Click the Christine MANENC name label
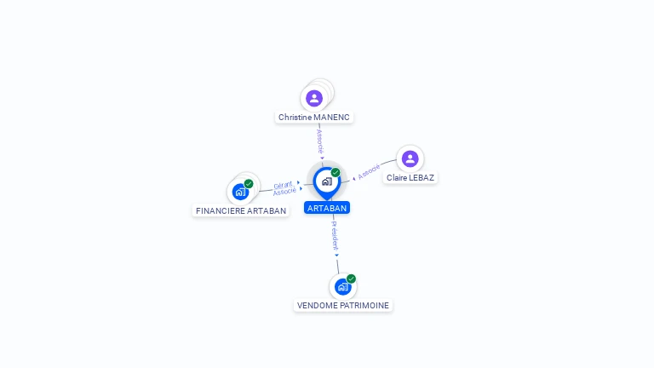coord(314,118)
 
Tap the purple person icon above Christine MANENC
coord(314,99)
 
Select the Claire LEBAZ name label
coord(410,178)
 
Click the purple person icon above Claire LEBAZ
coord(410,158)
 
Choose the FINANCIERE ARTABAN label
coord(241,210)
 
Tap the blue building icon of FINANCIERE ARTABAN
coord(240,192)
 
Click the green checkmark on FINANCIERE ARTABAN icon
coord(249,184)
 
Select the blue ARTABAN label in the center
coord(327,208)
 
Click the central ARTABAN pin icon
coord(327,183)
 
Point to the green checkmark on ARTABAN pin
coord(336,172)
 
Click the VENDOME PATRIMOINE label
coord(343,306)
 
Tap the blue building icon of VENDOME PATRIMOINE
coord(343,287)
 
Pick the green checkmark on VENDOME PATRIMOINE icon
coord(351,279)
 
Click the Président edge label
coord(335,235)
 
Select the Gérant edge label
coord(283,185)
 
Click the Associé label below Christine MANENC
coord(320,141)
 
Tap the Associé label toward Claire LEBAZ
coord(369,171)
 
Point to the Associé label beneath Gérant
coord(284,191)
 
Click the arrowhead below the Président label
coord(336,256)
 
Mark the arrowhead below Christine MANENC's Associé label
coord(322,158)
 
